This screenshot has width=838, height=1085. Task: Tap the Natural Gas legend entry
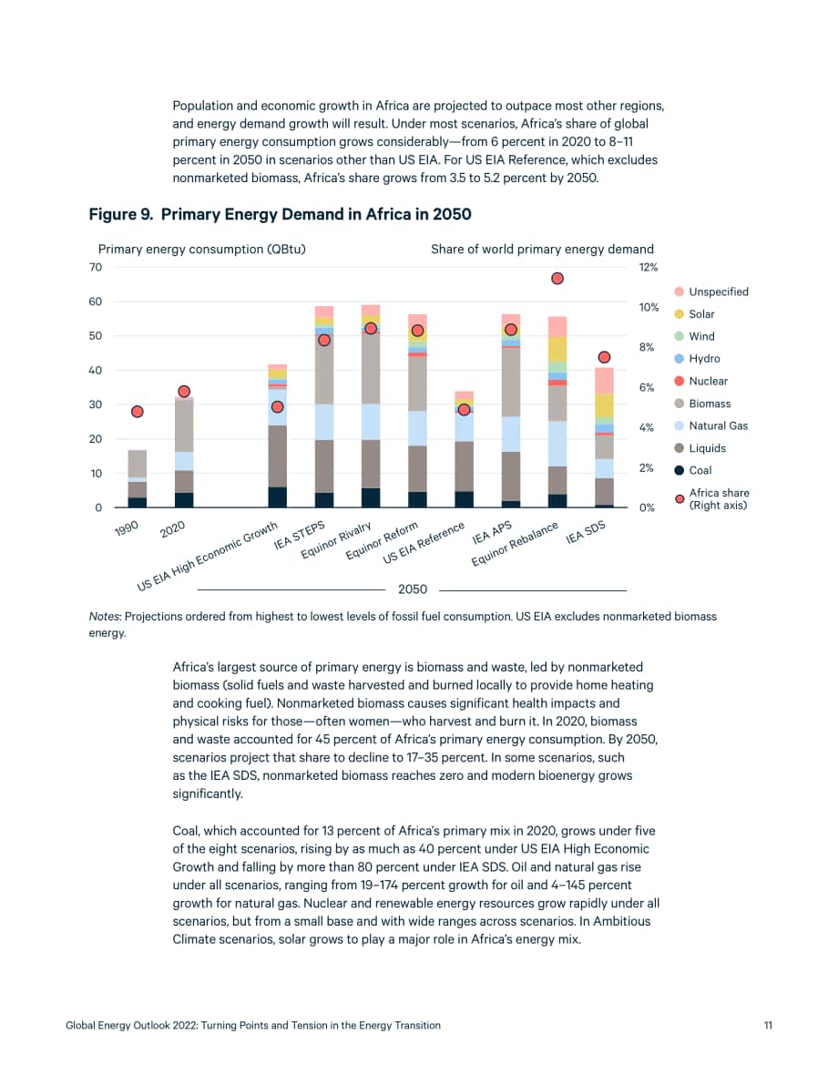tap(710, 426)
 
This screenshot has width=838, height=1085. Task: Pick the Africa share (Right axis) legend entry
tap(712, 499)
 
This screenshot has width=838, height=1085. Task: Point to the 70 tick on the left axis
tap(96, 267)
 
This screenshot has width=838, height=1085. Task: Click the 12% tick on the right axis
tap(649, 267)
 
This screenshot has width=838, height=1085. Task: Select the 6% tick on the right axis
tap(647, 387)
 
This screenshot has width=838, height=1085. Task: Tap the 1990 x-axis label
tap(127, 528)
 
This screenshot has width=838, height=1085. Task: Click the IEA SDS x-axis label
tap(586, 532)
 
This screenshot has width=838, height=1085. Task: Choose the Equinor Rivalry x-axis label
tap(336, 540)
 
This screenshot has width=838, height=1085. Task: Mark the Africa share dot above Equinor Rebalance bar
tap(557, 278)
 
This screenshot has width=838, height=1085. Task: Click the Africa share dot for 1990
tap(137, 412)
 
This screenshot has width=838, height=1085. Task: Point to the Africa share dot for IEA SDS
tap(604, 357)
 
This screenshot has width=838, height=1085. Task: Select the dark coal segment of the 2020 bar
tap(184, 499)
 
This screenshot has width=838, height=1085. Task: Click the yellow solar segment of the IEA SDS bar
tap(604, 406)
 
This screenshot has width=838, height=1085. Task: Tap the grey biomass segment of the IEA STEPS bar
tap(324, 370)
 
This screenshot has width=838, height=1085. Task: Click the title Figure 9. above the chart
tap(121, 214)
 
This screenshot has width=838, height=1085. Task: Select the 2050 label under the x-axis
tap(413, 589)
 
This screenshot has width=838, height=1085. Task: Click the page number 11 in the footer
tap(768, 1026)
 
